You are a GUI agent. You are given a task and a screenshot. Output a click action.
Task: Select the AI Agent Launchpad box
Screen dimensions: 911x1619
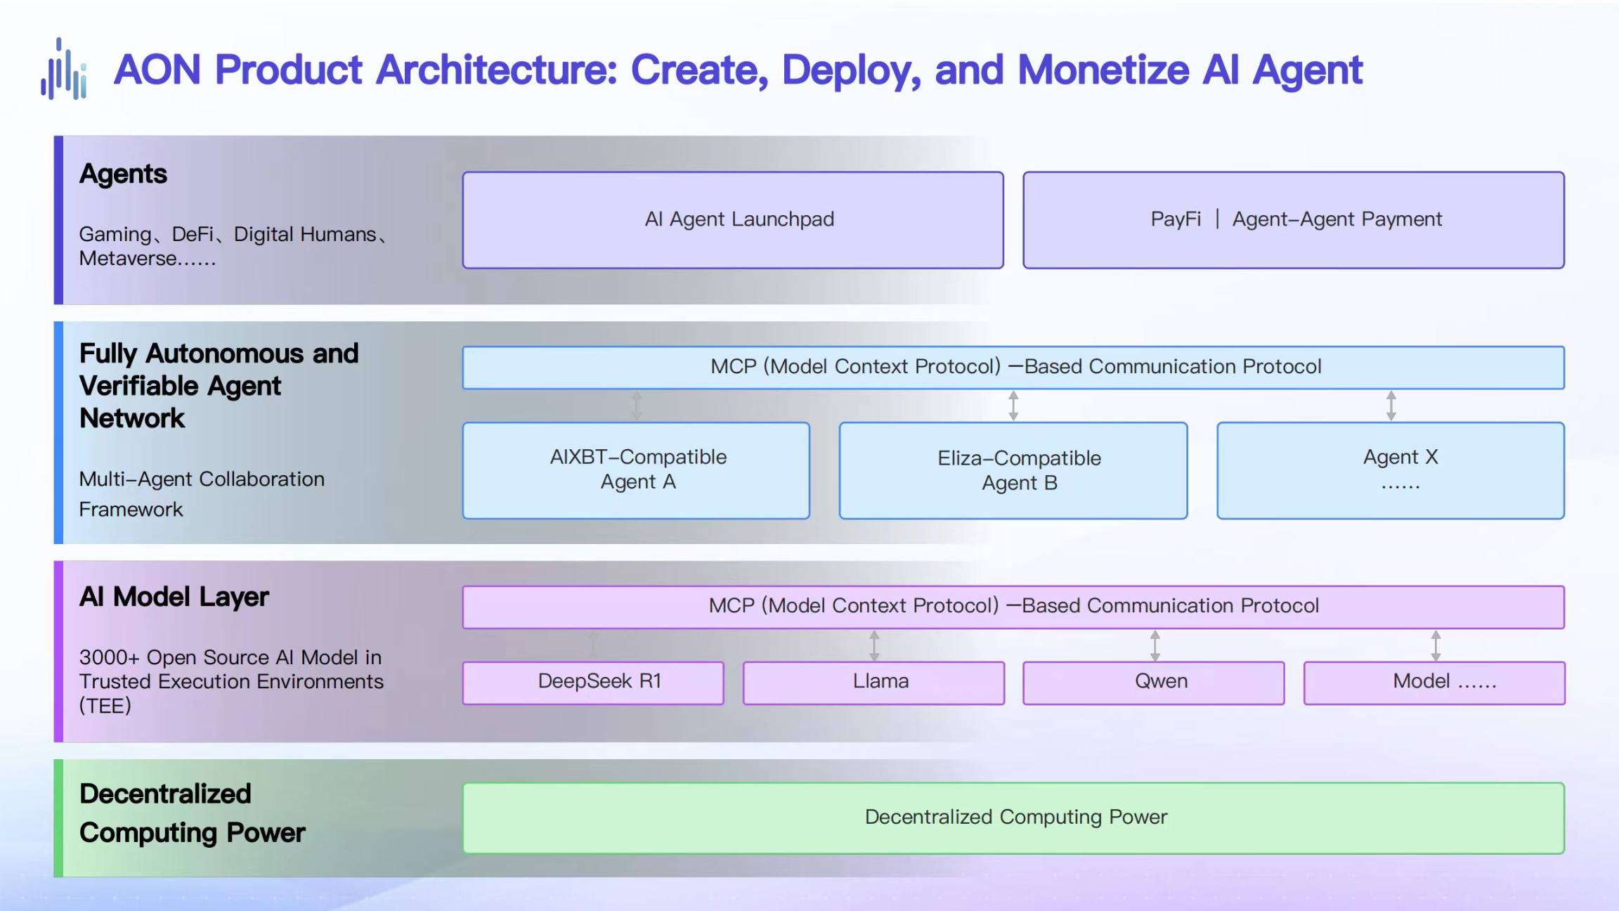pos(733,220)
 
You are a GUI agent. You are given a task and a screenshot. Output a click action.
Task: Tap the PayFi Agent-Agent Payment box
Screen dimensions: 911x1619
pos(1294,220)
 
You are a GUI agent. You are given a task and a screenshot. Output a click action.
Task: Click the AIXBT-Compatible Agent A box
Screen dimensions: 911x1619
pos(636,470)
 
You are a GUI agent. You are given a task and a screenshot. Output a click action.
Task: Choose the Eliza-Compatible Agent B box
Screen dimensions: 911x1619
pos(1013,470)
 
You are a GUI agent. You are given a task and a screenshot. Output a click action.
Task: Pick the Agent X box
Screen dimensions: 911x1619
pos(1391,470)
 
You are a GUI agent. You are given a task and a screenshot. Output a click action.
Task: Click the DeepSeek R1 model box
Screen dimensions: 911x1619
pos(593,683)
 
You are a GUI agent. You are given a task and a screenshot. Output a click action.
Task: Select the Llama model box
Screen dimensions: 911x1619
pos(873,683)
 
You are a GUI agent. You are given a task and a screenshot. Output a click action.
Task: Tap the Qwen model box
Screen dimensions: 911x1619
pos(1154,683)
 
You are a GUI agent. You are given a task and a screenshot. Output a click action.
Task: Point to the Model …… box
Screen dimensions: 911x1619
pos(1434,683)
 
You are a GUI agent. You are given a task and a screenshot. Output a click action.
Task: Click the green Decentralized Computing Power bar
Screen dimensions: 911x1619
pos(1013,818)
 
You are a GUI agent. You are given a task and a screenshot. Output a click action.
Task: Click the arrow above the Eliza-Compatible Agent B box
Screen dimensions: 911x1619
pos(1013,406)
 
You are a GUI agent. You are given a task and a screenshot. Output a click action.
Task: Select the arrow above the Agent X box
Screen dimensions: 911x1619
pos(1391,406)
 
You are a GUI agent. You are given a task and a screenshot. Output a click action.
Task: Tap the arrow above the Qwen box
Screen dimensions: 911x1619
pos(1155,645)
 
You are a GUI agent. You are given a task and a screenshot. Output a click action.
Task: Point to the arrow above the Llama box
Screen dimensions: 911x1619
pos(874,645)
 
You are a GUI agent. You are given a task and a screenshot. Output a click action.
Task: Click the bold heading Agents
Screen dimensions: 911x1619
pos(123,174)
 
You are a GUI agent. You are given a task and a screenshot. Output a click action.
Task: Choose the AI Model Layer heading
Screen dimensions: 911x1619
pos(174,597)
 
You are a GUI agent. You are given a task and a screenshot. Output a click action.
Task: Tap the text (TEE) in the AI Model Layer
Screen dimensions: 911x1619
pos(105,706)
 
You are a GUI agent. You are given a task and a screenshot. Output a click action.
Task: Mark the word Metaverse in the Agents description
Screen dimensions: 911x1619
pos(127,259)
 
